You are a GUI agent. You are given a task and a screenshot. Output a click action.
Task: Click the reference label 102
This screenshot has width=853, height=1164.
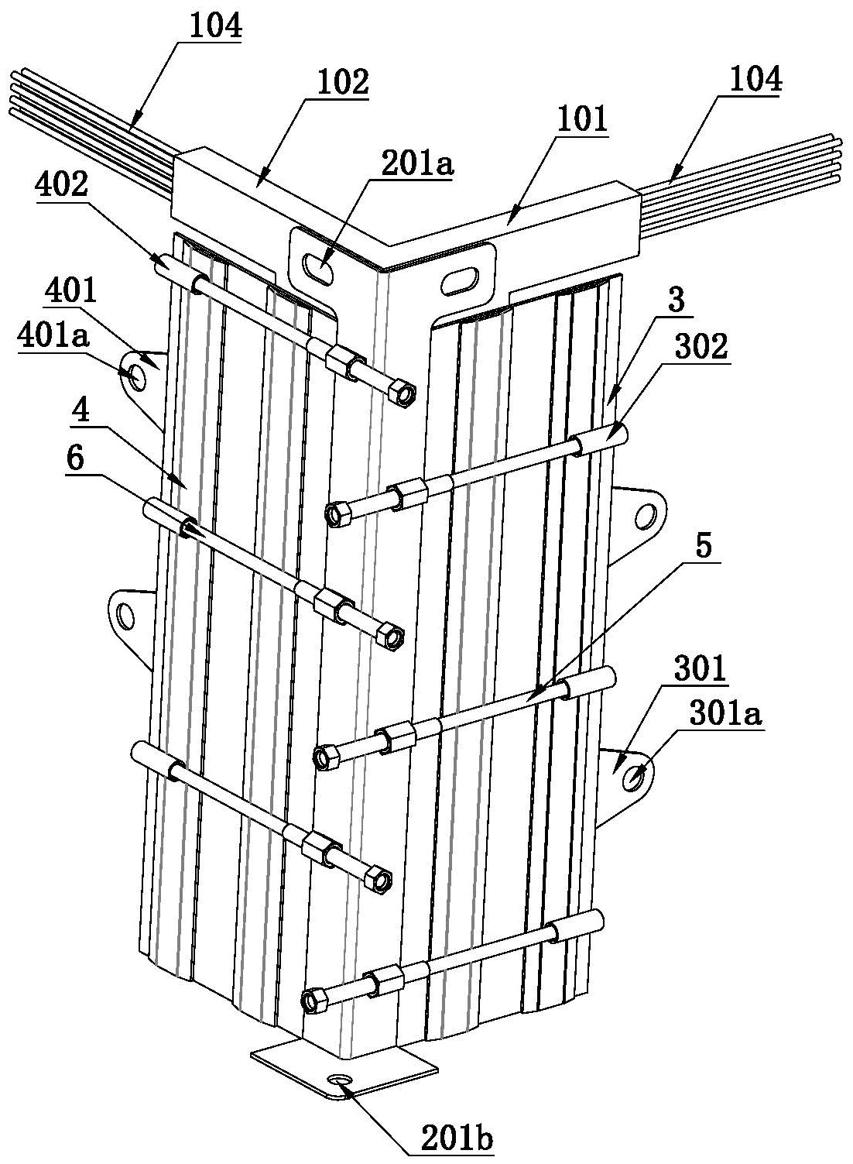point(343,84)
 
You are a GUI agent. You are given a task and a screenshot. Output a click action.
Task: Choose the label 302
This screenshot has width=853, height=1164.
point(701,346)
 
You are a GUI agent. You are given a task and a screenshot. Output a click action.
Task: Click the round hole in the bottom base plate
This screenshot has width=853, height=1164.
point(341,1081)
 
